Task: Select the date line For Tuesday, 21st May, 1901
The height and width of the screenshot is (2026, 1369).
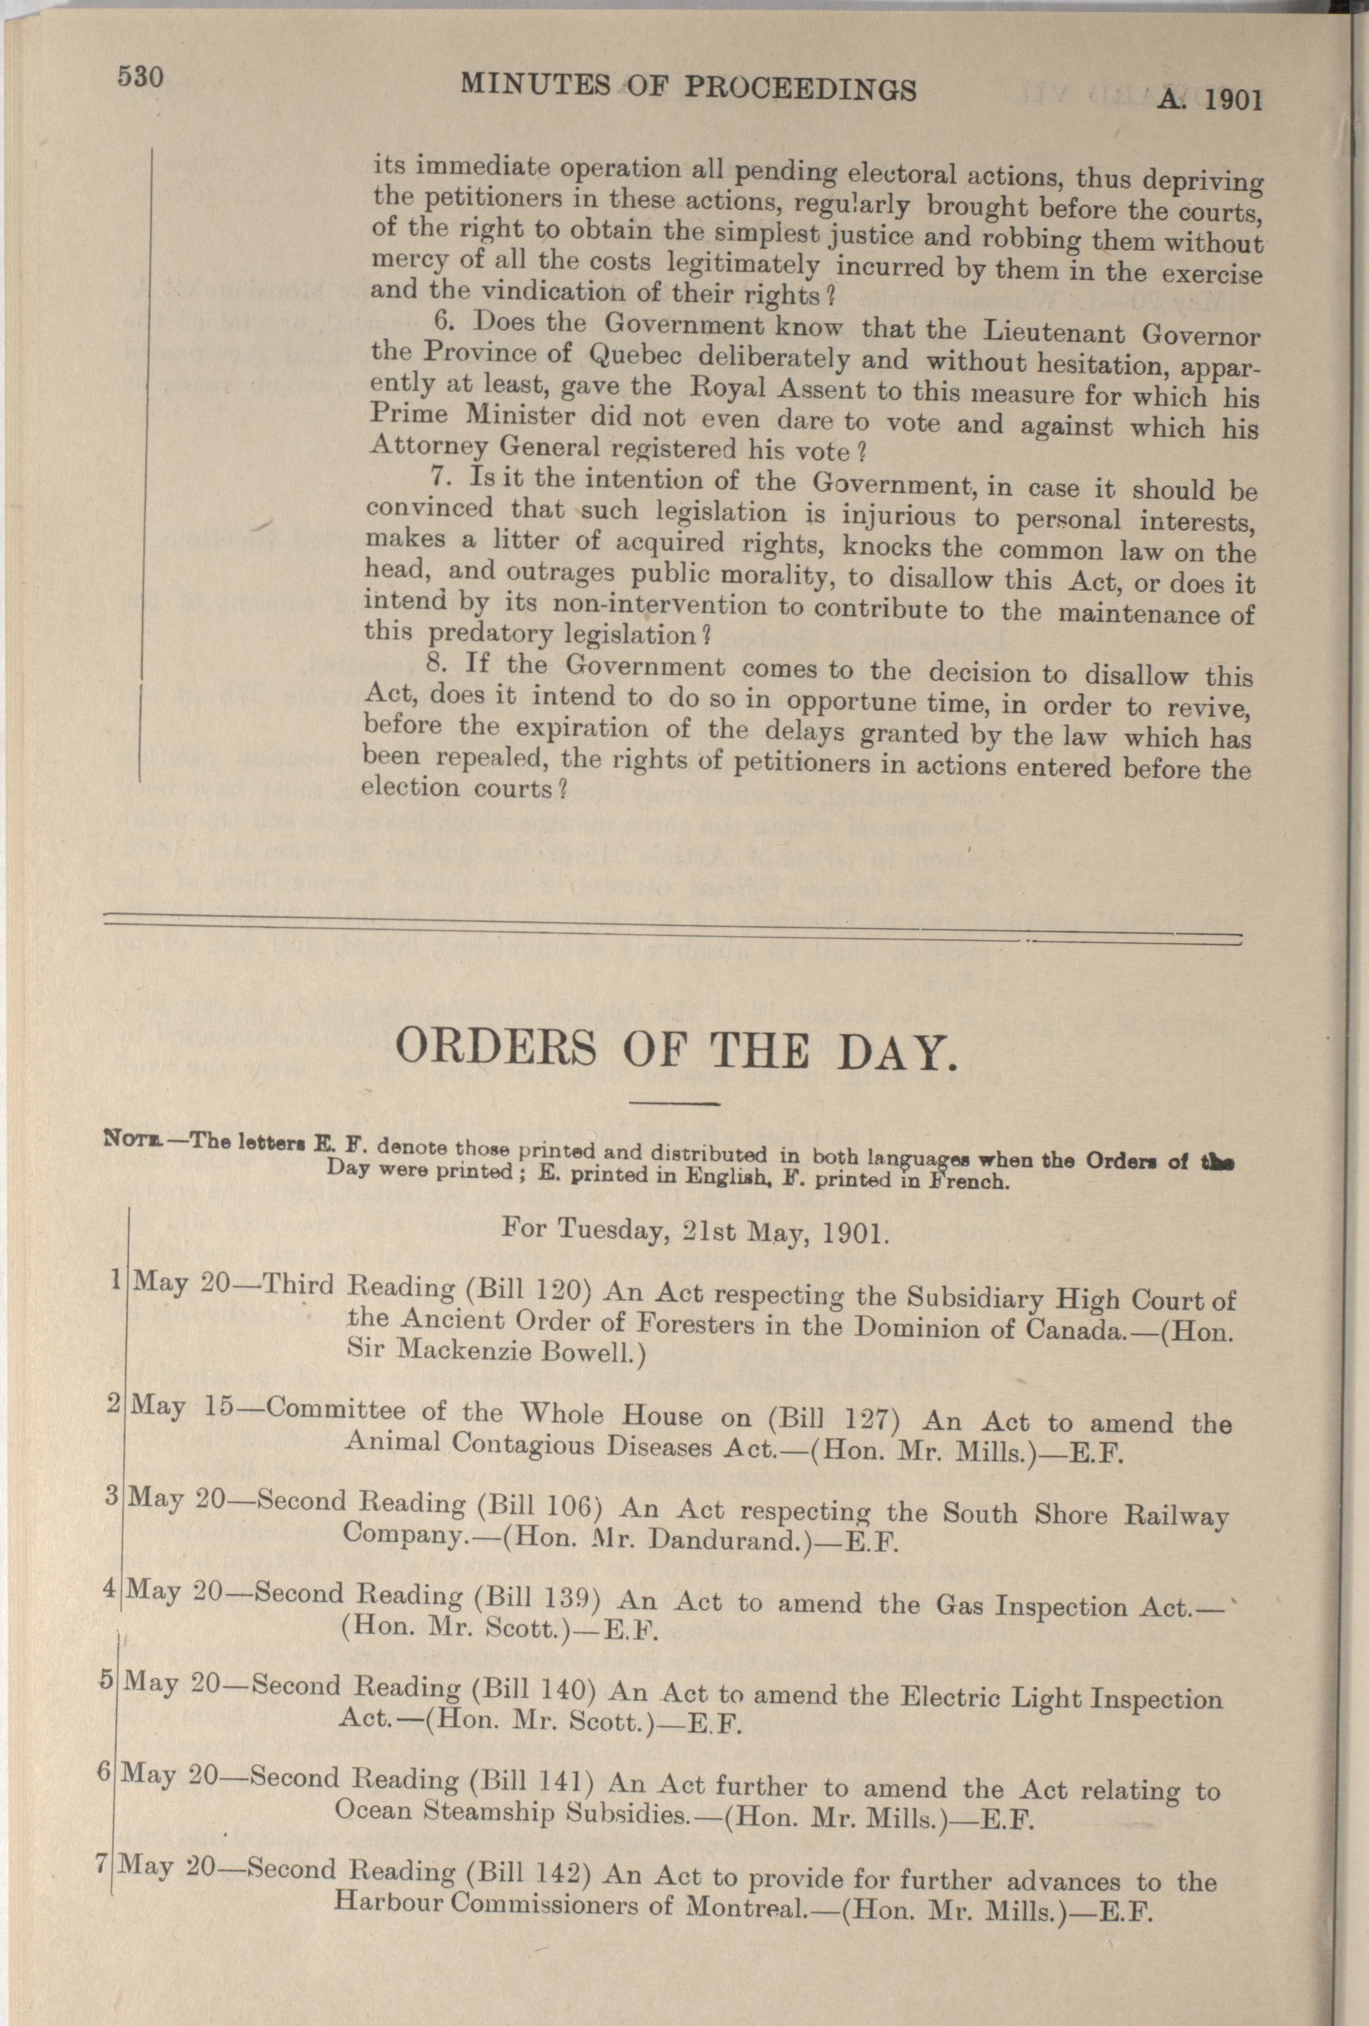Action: tap(696, 1231)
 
